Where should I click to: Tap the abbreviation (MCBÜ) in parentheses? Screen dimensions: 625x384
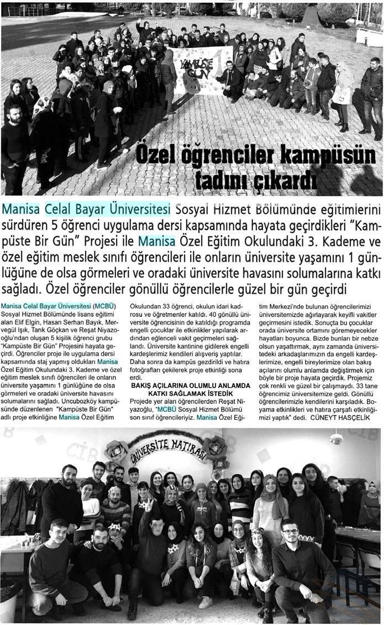point(104,305)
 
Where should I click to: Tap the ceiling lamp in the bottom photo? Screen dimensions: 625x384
point(336,438)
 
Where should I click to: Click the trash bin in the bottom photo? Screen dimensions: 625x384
point(10,601)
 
